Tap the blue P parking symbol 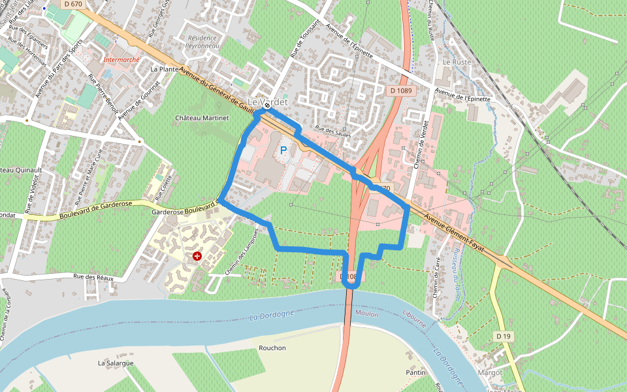pos(283,150)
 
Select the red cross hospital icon pos(197,257)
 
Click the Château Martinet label pos(202,118)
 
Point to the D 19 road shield pos(502,336)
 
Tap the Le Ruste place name pos(457,62)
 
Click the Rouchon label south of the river pos(272,348)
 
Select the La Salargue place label pos(116,363)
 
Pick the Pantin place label pos(415,372)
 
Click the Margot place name pos(490,372)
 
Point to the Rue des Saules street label pos(332,131)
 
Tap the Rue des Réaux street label pos(93,278)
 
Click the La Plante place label pos(164,69)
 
